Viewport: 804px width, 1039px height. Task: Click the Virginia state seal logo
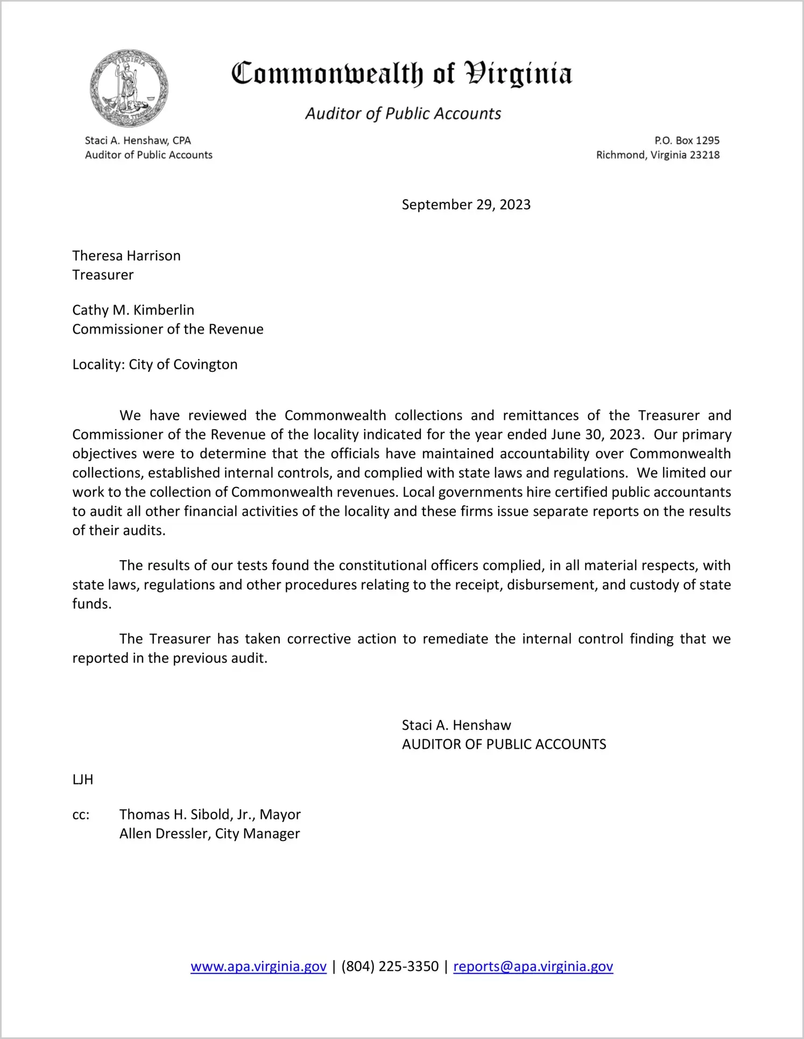[x=129, y=88]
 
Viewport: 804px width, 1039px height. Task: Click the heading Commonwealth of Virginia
[x=401, y=74]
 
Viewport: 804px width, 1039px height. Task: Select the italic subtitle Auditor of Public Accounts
[x=403, y=114]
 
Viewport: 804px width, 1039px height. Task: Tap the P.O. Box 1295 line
[x=687, y=140]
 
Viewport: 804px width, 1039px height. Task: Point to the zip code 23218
[x=704, y=155]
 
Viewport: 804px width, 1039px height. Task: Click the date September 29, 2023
[x=466, y=204]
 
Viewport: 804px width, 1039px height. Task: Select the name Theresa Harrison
[x=126, y=256]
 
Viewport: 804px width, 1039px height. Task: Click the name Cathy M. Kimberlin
[x=133, y=310]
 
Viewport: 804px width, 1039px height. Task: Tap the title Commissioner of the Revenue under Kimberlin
[x=168, y=329]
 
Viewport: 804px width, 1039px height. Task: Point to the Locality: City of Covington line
[x=155, y=364]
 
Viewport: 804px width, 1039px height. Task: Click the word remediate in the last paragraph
[x=456, y=639]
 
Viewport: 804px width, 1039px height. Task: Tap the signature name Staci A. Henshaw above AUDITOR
[x=456, y=725]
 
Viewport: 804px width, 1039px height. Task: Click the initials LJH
[x=83, y=780]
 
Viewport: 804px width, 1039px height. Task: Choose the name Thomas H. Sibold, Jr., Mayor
[x=210, y=815]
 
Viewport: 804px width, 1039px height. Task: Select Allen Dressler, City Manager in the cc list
[x=209, y=833]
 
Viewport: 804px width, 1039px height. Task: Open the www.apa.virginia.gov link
[x=258, y=966]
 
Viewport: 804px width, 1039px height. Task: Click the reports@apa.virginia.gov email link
[x=533, y=966]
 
